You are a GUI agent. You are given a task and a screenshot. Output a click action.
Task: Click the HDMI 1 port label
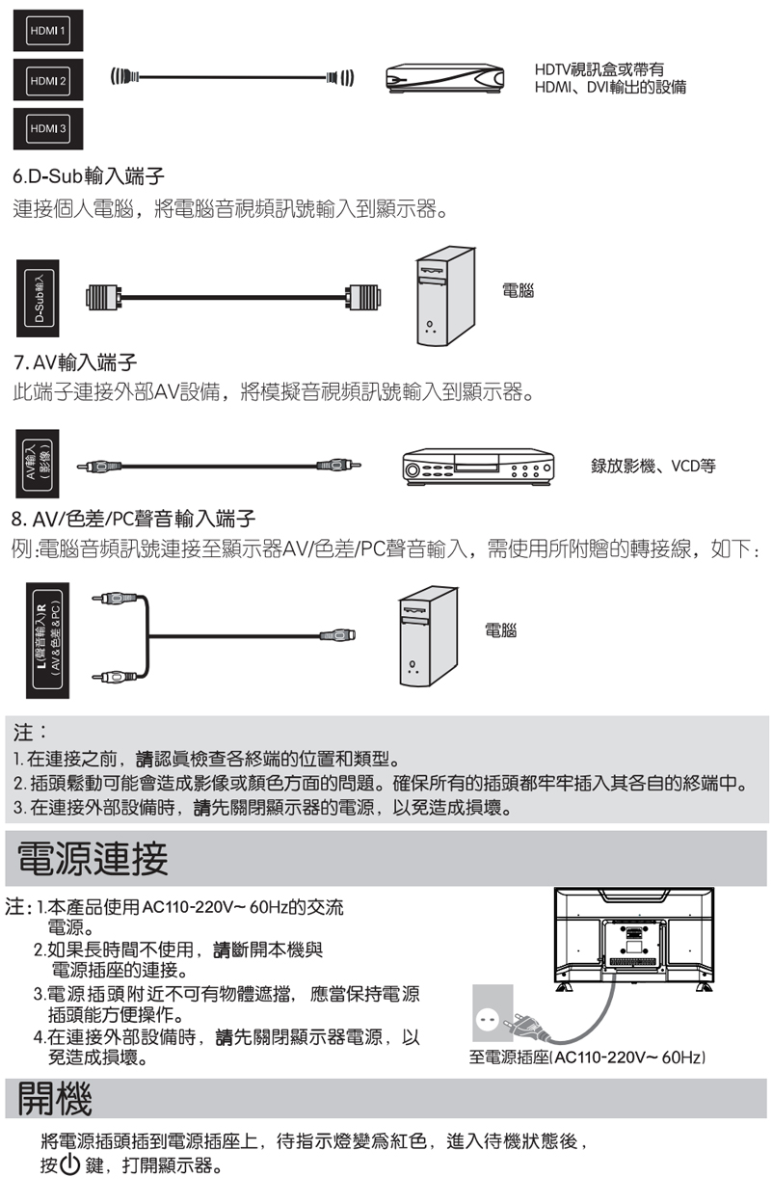(48, 35)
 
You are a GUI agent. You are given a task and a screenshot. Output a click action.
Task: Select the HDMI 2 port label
(48, 80)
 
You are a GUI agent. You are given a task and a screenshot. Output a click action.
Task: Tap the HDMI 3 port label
(48, 127)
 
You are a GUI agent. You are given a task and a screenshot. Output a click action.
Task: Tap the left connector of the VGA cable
(103, 300)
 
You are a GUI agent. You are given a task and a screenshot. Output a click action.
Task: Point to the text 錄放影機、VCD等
(652, 466)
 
